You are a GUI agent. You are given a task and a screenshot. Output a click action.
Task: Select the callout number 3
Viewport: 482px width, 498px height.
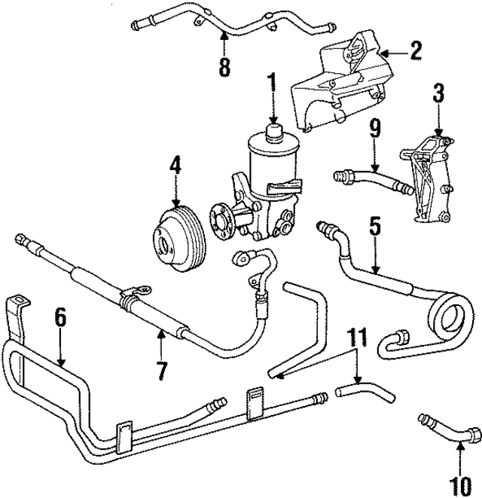coord(438,95)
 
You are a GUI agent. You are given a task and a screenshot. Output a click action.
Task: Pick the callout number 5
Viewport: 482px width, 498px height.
coord(374,225)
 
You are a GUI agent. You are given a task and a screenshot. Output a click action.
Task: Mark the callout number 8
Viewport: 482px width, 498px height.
coord(224,68)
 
